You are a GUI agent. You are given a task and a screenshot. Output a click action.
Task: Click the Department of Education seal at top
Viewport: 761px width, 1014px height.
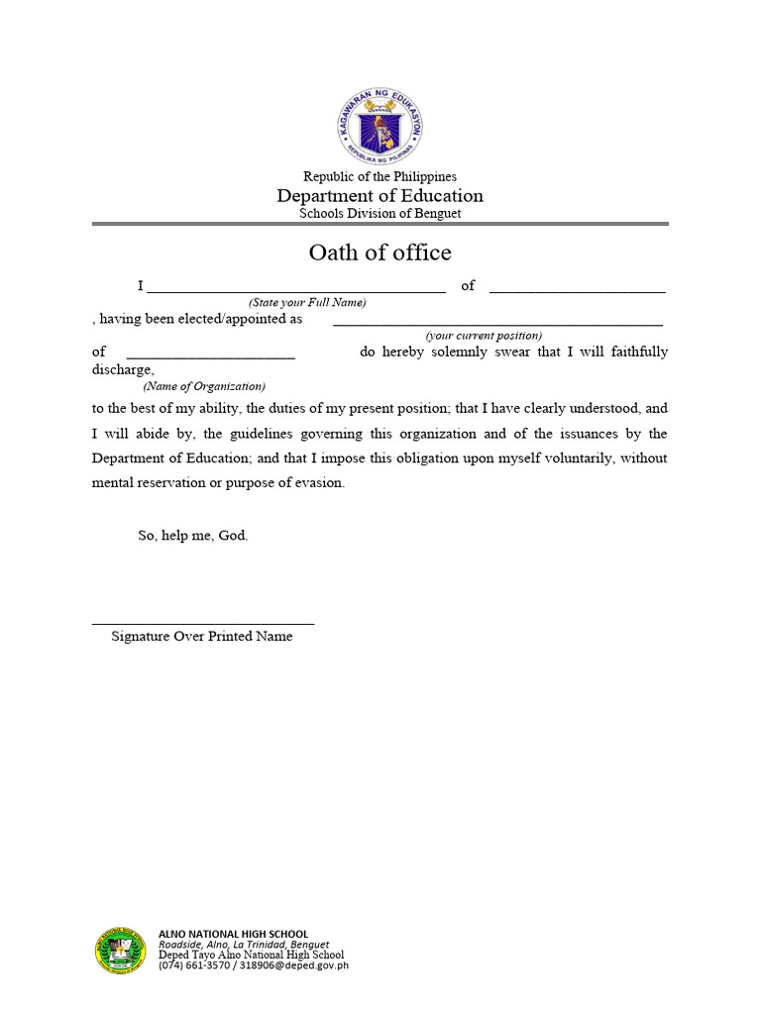[x=380, y=125]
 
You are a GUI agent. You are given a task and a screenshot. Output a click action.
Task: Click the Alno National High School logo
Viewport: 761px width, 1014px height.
[x=121, y=951]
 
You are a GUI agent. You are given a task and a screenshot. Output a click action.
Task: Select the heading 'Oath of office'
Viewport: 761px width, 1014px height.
[x=380, y=253]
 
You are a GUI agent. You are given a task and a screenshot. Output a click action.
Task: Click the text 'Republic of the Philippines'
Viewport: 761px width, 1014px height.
[x=380, y=176]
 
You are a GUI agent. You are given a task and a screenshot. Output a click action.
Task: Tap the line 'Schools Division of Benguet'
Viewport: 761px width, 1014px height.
[x=380, y=213]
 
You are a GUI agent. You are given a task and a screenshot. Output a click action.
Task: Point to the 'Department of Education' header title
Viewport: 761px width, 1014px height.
[x=380, y=195]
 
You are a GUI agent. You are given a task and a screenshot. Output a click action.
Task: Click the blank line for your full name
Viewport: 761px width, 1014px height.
[x=295, y=289]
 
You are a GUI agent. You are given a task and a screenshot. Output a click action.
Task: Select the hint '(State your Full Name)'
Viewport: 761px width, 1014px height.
[x=307, y=302]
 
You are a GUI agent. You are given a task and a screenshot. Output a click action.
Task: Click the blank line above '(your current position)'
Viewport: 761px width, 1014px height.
[x=497, y=323]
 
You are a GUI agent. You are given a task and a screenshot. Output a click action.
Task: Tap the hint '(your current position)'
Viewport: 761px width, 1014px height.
[x=484, y=336]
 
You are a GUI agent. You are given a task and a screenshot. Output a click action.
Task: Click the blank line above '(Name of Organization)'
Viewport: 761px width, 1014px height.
[x=210, y=355]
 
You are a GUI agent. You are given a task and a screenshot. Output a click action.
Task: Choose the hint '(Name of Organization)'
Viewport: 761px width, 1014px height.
[x=204, y=386]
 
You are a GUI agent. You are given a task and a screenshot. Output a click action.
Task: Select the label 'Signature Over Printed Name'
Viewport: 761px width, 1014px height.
[x=202, y=637]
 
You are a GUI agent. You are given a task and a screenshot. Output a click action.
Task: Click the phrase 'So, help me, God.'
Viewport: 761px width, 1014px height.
[x=192, y=536]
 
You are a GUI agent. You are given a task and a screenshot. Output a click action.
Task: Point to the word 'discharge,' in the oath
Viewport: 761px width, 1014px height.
[x=123, y=370]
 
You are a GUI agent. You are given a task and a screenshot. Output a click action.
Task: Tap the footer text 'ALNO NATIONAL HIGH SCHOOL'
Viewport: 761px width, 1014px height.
[x=233, y=934]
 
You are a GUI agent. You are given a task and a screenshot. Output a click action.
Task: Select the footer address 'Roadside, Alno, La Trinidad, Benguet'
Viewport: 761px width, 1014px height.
[x=244, y=945]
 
